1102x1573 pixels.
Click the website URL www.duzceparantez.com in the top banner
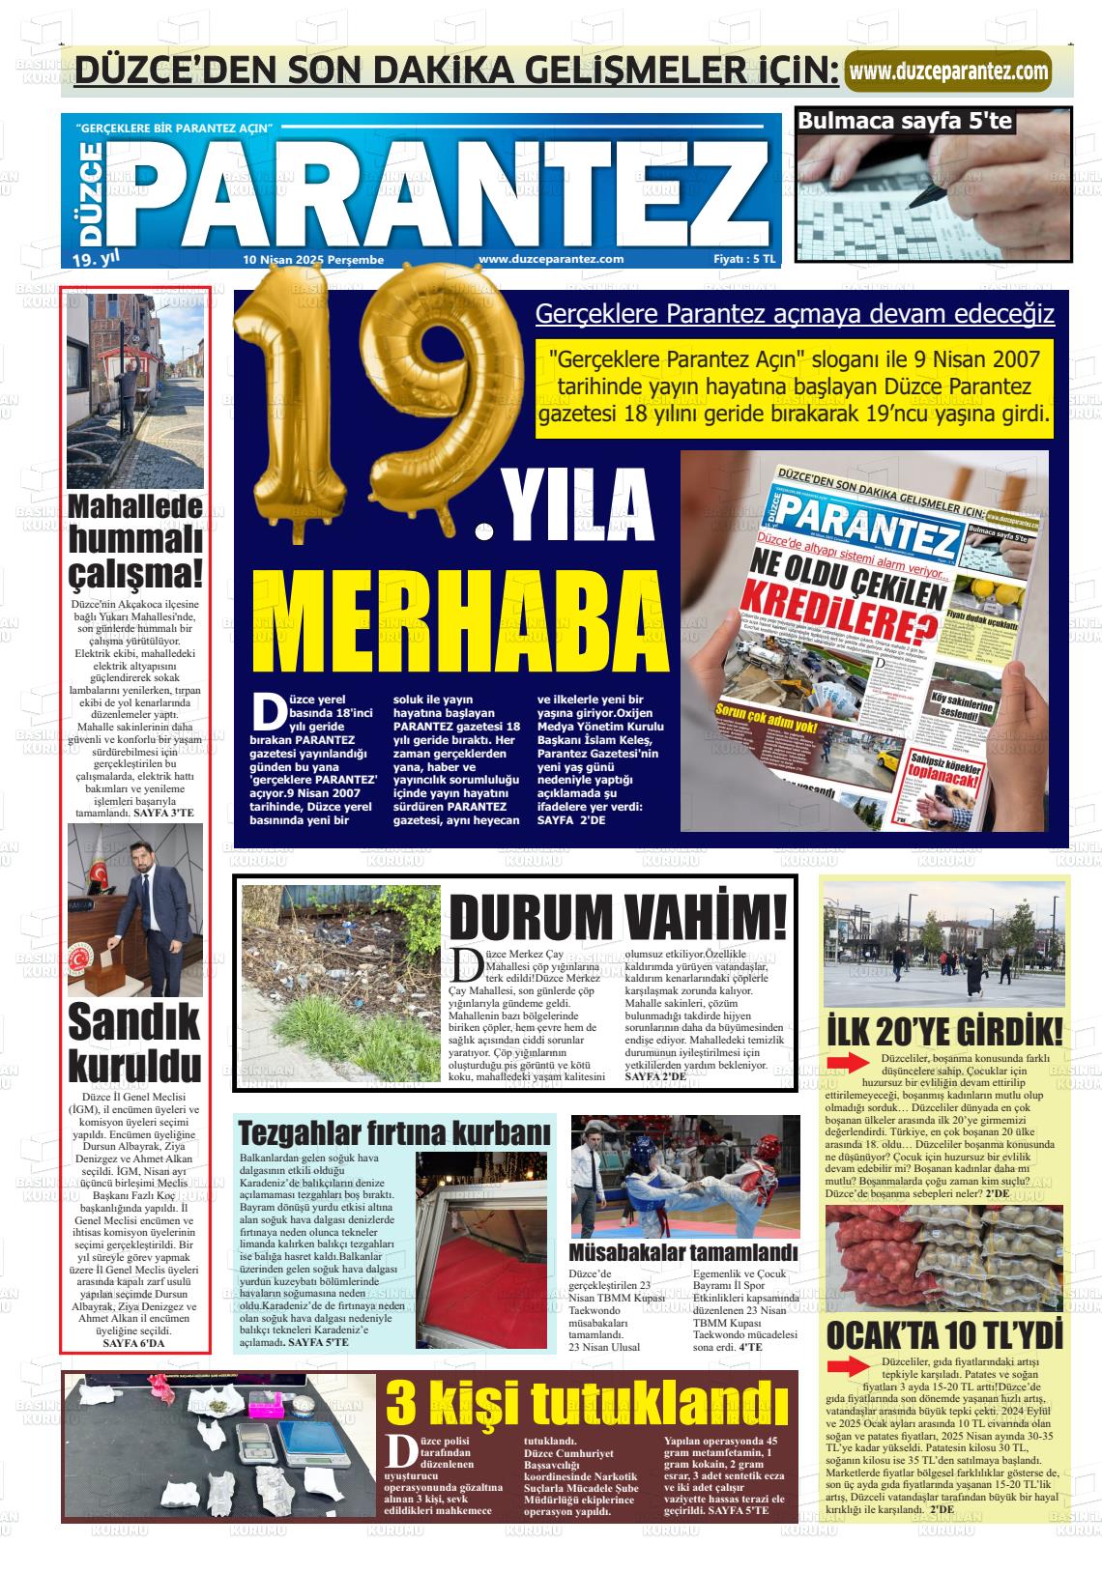pos(948,71)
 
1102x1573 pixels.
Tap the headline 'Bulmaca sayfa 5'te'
pos(905,121)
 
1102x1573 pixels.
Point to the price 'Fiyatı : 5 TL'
pos(743,259)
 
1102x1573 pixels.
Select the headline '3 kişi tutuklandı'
pos(587,1403)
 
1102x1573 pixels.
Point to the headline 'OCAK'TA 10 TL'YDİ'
pos(944,1335)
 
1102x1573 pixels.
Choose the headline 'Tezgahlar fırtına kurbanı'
pos(394,1131)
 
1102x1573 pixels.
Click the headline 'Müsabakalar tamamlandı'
pos(683,1252)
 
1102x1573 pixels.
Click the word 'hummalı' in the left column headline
pos(135,538)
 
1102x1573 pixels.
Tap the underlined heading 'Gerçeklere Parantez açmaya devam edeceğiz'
pos(795,314)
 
